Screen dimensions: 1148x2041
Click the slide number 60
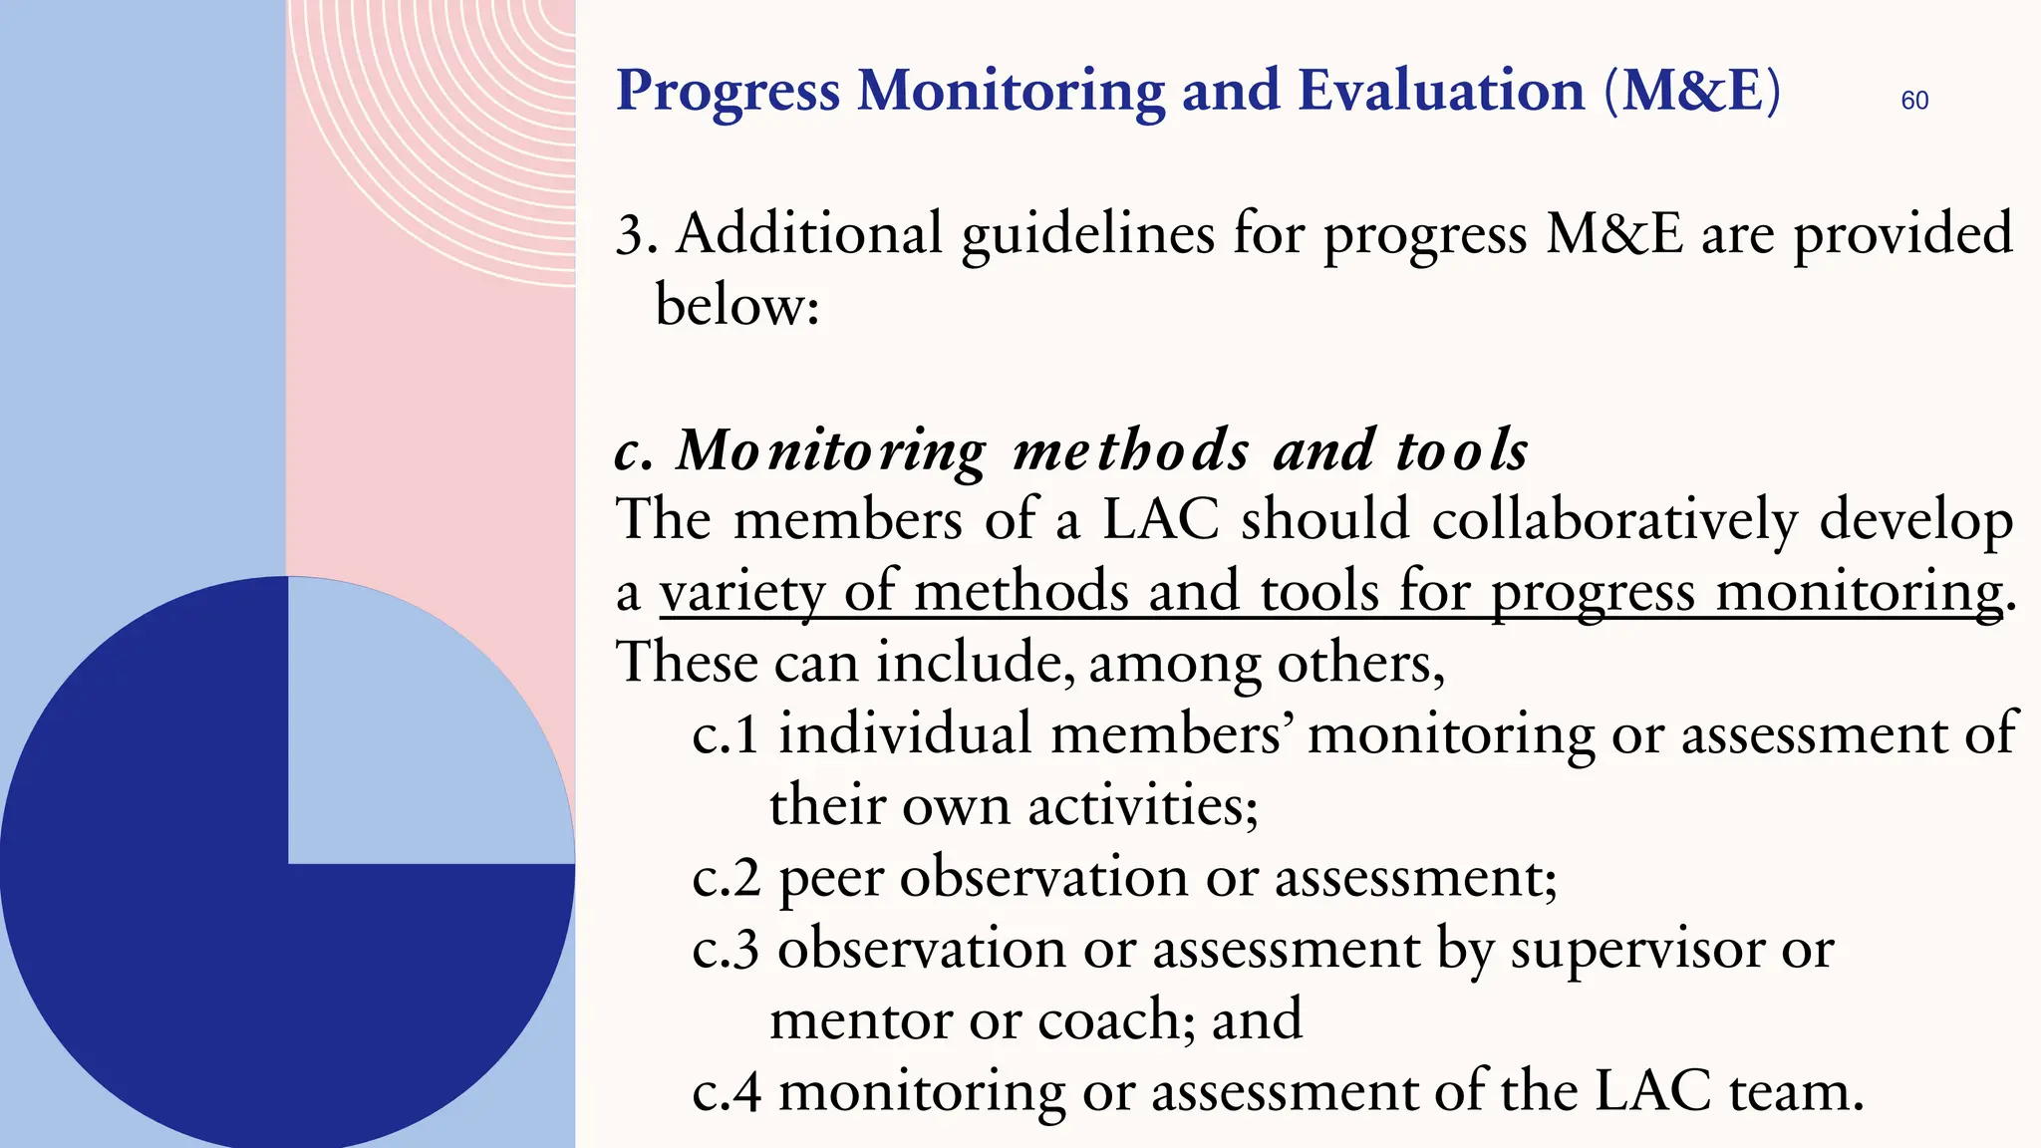[1914, 101]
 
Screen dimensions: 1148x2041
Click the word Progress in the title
[728, 92]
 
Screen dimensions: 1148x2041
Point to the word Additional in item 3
[809, 234]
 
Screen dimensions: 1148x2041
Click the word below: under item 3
[736, 305]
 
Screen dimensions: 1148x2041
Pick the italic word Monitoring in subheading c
[831, 450]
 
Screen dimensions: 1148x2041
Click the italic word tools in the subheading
[1462, 450]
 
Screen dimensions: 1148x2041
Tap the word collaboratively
[1614, 520]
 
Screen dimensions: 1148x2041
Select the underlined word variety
[741, 592]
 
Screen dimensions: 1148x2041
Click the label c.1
[726, 735]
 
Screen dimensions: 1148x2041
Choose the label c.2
[726, 878]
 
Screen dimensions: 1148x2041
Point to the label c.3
[726, 949]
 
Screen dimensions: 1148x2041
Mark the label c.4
[726, 1092]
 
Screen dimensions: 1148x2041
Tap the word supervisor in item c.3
[1635, 950]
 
